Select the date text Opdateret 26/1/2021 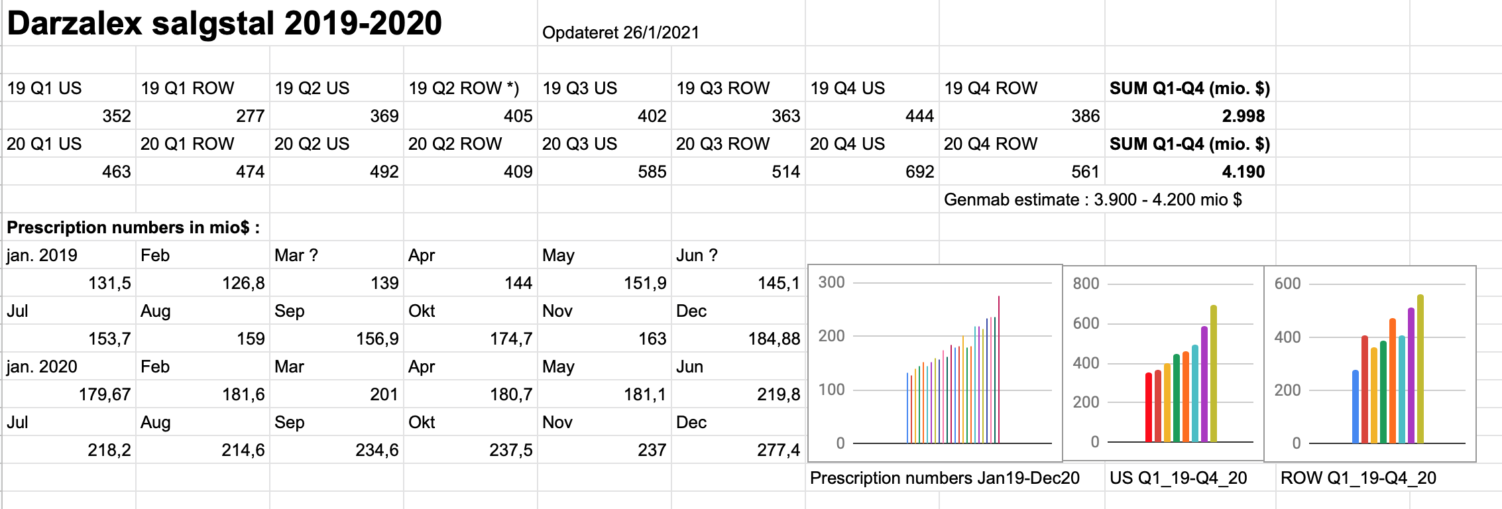pos(620,33)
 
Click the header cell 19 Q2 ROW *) pos(464,88)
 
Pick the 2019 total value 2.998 pos(1243,116)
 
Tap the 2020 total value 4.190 pos(1243,172)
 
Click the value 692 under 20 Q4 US pos(919,172)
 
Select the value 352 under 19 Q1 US pos(117,116)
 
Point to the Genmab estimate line pos(1093,199)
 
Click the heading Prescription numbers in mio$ pos(133,227)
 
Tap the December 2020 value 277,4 pos(778,450)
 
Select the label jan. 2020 pos(42,367)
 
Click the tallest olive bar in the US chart pos(1214,374)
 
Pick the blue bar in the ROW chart pos(1356,406)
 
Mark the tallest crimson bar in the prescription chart pos(998,369)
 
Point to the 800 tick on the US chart pos(1086,284)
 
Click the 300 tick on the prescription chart pos(831,282)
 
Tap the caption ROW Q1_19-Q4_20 pos(1358,478)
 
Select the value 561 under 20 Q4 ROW pos(1085,172)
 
